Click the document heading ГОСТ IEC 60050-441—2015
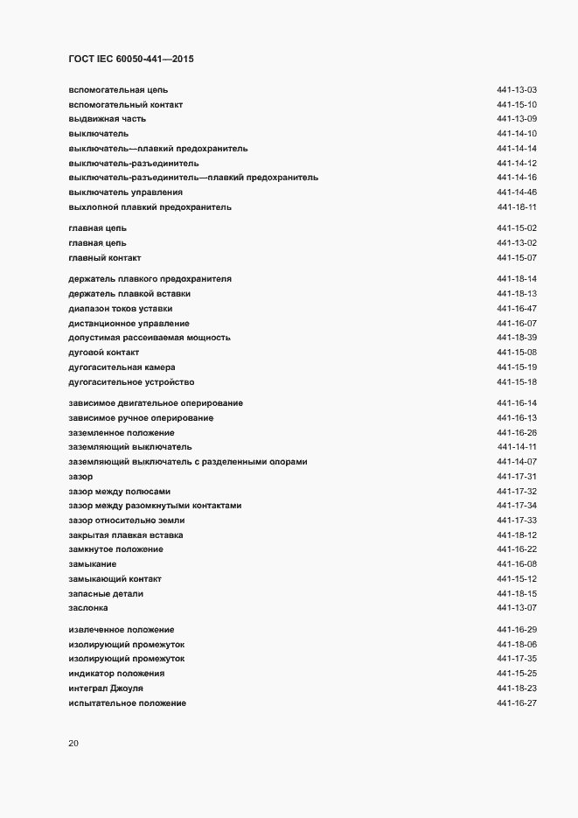(x=131, y=59)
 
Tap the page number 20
(x=73, y=744)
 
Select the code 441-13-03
(x=516, y=89)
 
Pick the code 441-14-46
(x=516, y=192)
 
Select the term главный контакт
(x=104, y=258)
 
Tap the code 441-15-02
(x=516, y=228)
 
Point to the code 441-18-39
(x=516, y=338)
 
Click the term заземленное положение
(x=121, y=433)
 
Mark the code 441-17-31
(x=516, y=477)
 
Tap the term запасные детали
(x=106, y=594)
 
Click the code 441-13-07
(x=516, y=608)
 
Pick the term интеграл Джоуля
(x=106, y=689)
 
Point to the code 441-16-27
(x=516, y=704)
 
